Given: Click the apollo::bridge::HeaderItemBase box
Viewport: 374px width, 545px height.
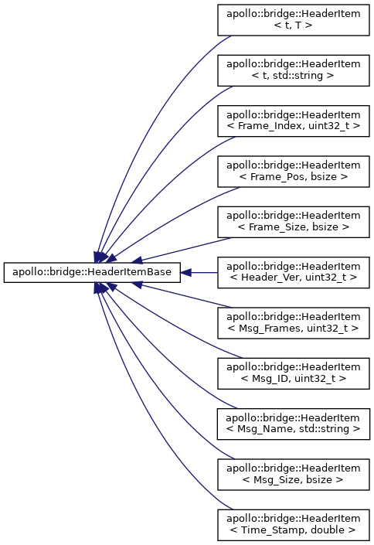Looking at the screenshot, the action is [92, 272].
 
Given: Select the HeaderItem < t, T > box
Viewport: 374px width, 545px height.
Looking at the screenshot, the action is [294, 20].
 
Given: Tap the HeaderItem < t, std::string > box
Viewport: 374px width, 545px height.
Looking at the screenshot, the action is [294, 70].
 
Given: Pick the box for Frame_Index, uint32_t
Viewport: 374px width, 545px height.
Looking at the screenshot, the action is [294, 121].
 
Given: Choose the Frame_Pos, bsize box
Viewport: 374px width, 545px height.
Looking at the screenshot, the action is [294, 172].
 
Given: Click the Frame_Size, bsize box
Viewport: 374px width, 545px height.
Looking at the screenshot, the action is [294, 222].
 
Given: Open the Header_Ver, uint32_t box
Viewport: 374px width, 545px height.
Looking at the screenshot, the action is [294, 272].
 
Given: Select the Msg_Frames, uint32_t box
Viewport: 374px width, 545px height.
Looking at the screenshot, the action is [294, 323].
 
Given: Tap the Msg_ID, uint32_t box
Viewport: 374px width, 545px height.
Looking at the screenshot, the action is [294, 373].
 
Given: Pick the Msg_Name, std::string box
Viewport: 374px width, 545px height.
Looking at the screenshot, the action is [294, 424].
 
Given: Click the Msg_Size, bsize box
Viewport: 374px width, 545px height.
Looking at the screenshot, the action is [294, 475].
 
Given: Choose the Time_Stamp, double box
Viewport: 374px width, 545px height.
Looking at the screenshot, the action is [294, 525].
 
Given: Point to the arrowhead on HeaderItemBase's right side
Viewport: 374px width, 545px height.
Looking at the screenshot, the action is [185, 272].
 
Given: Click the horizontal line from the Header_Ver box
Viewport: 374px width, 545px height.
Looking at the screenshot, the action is [204, 272].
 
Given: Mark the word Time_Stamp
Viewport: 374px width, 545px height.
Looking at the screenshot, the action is [273, 530].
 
